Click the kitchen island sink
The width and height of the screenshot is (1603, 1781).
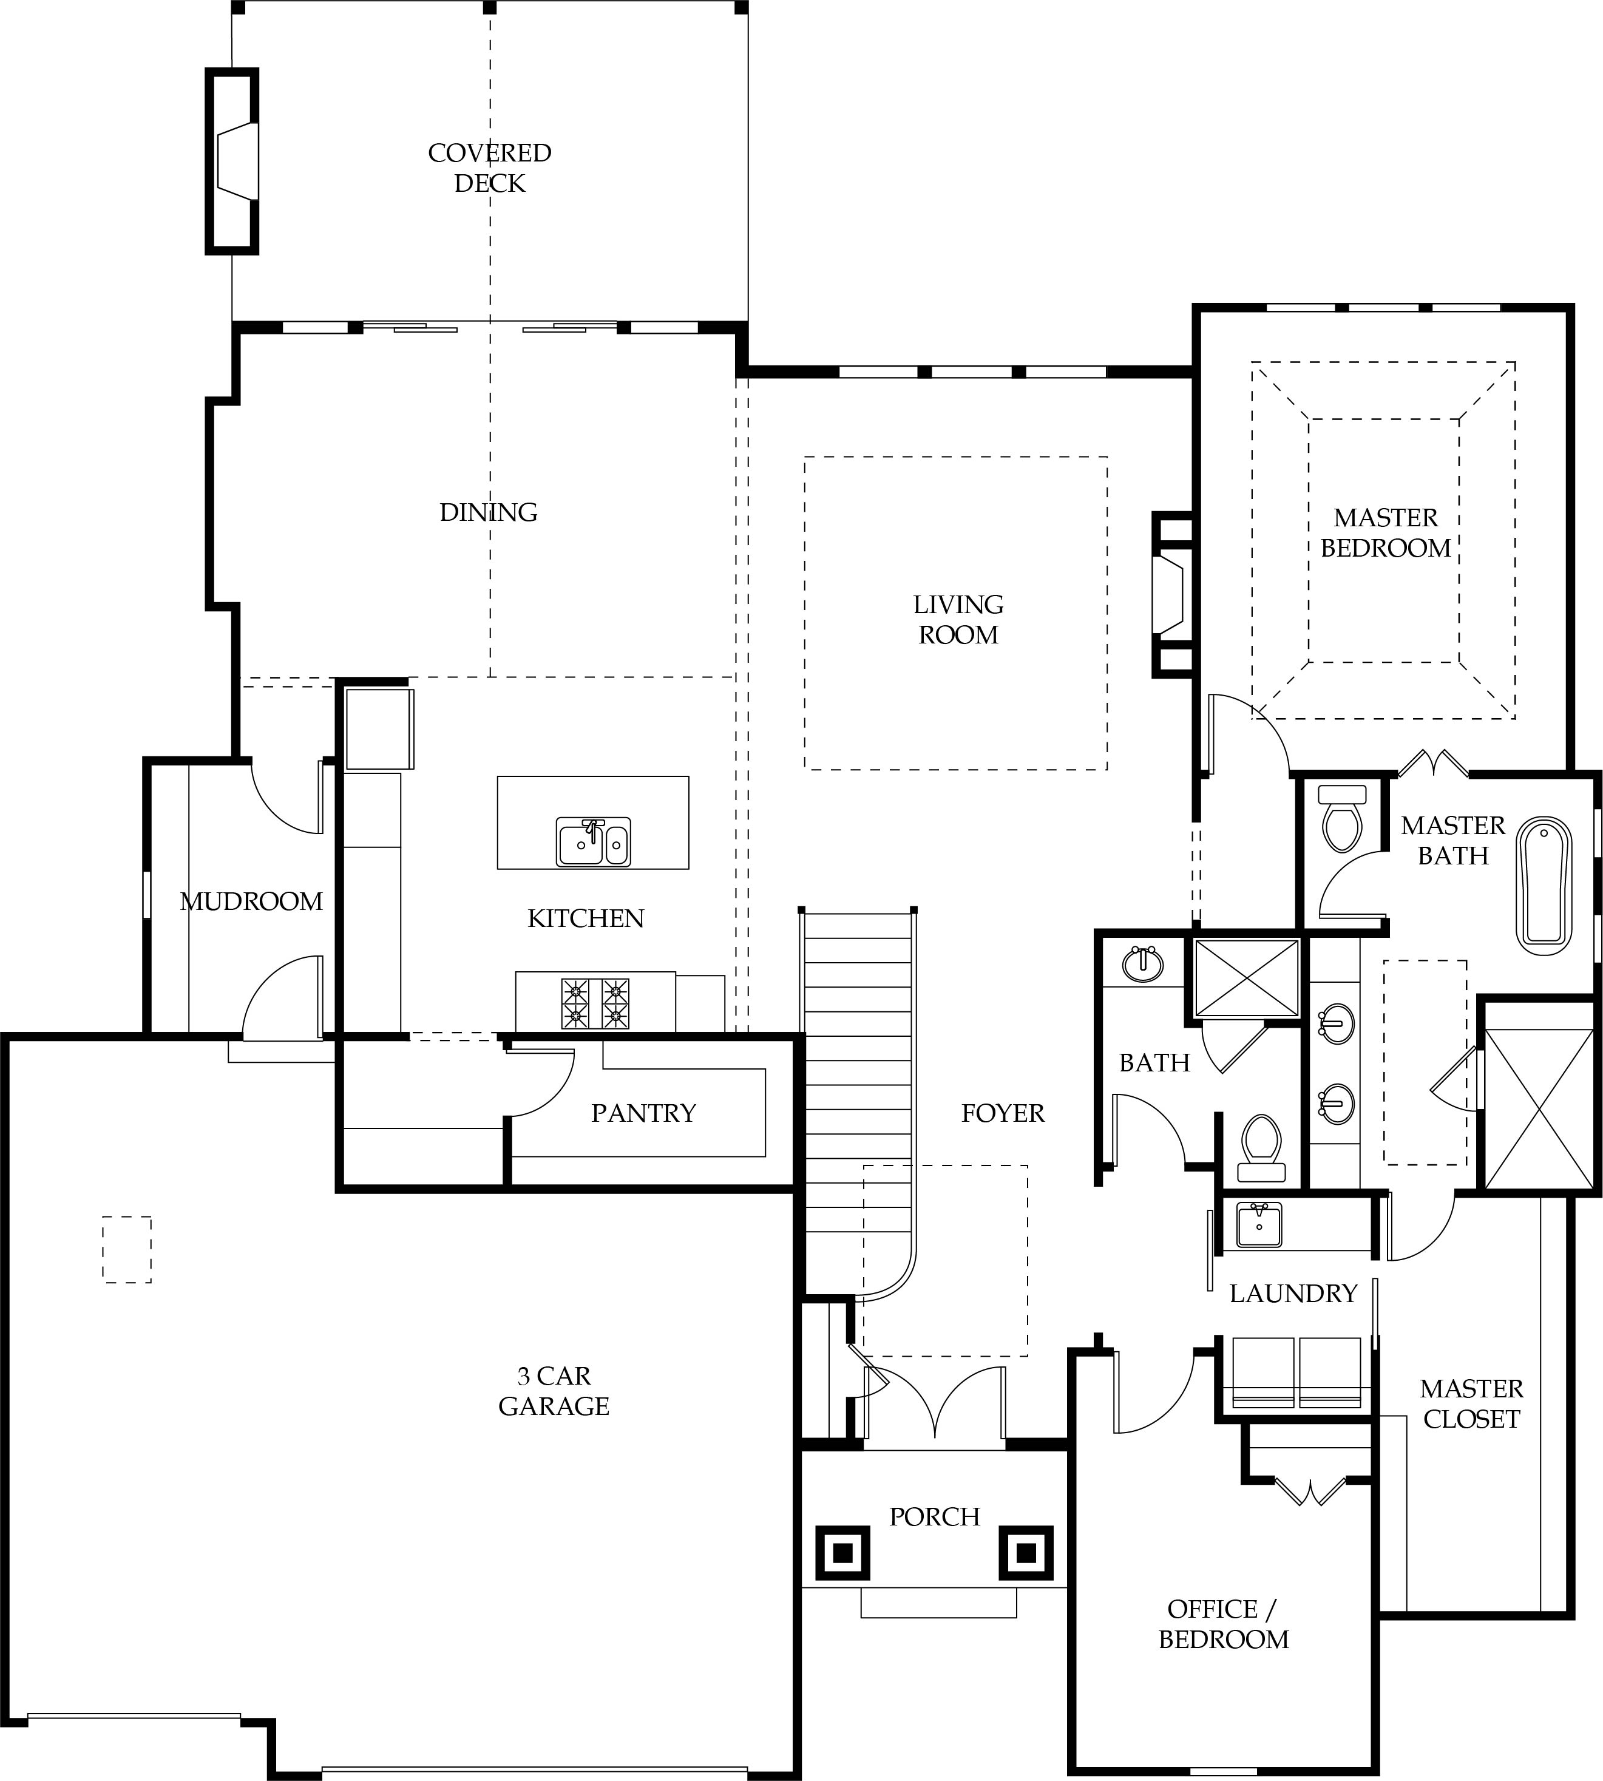click(x=594, y=842)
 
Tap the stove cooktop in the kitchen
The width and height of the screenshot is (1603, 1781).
click(x=595, y=1003)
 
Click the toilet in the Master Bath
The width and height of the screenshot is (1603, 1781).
click(x=1341, y=818)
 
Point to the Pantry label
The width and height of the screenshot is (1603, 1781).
click(x=644, y=1113)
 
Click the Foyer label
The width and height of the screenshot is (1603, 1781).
click(x=1003, y=1113)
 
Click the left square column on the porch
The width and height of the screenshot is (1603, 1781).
click(x=843, y=1553)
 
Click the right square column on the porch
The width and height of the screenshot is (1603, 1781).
click(x=1026, y=1553)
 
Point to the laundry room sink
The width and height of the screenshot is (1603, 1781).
click(x=1259, y=1225)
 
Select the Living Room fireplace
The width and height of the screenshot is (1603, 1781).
click(x=1173, y=595)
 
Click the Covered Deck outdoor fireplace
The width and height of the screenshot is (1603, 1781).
click(x=232, y=161)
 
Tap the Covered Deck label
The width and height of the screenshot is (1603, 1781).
click(x=490, y=168)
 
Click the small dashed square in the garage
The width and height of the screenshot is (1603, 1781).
click(x=127, y=1249)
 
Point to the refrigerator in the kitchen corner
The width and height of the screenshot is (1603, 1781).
click(x=379, y=729)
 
